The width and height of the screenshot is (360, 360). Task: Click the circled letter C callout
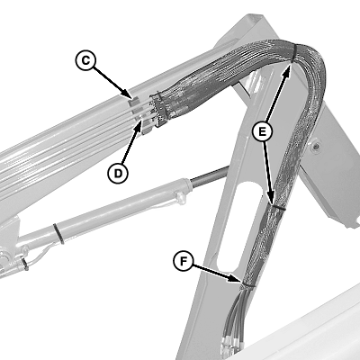[x=85, y=60]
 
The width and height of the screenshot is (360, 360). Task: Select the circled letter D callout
[x=118, y=173]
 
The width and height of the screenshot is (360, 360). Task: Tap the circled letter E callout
[x=262, y=131]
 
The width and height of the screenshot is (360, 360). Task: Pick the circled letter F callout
[x=184, y=261]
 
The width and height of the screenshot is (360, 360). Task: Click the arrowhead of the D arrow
[x=139, y=124]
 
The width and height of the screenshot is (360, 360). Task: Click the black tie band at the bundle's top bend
[x=294, y=53]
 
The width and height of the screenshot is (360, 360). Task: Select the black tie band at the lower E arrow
[x=278, y=207]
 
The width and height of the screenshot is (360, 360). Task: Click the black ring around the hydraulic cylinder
[x=58, y=234]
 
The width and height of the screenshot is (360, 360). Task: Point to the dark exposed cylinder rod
[x=209, y=177]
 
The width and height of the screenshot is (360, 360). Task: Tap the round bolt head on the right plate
[x=315, y=147]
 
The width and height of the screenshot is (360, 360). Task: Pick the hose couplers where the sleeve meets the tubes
[x=157, y=110]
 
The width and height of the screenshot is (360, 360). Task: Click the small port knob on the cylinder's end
[x=181, y=198]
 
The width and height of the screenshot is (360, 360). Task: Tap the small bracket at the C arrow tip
[x=134, y=101]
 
